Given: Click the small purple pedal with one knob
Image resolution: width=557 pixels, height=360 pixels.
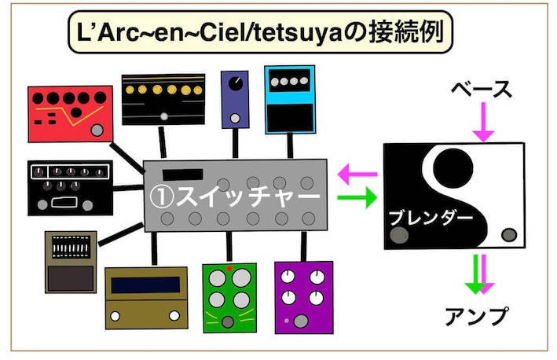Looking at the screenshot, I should [x=234, y=99].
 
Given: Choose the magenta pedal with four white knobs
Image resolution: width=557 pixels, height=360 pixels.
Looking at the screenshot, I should [x=303, y=295].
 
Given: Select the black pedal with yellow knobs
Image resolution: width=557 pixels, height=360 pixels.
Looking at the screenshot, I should [x=163, y=97].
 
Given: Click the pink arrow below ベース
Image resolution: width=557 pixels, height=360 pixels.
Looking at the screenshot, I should [x=482, y=125].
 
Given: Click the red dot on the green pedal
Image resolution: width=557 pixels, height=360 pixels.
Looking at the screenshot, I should [x=229, y=269].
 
